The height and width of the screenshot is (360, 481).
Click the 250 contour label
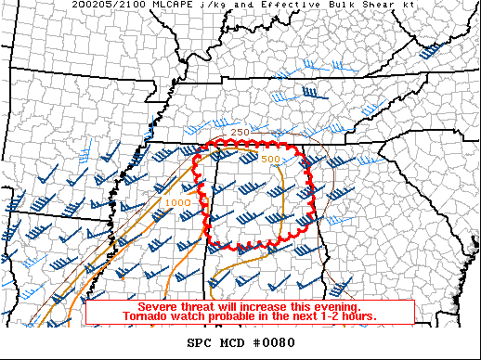click(240, 133)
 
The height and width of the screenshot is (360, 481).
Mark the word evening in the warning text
click(336, 306)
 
